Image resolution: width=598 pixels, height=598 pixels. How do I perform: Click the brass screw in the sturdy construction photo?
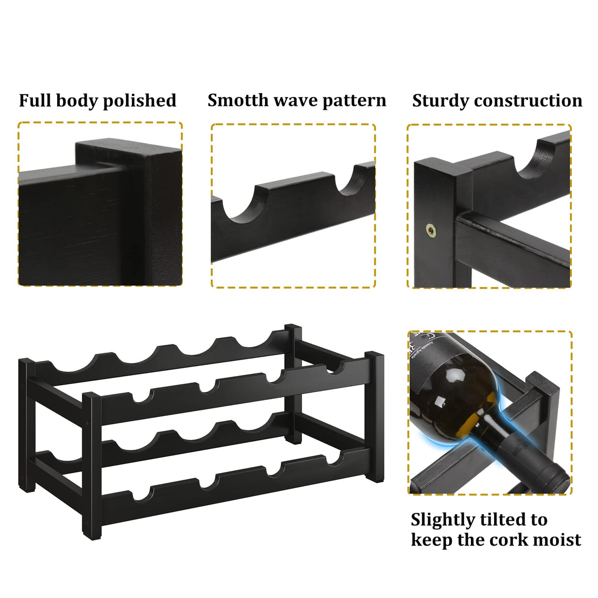point(431,230)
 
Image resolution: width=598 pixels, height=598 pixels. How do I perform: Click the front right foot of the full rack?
point(375,475)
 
